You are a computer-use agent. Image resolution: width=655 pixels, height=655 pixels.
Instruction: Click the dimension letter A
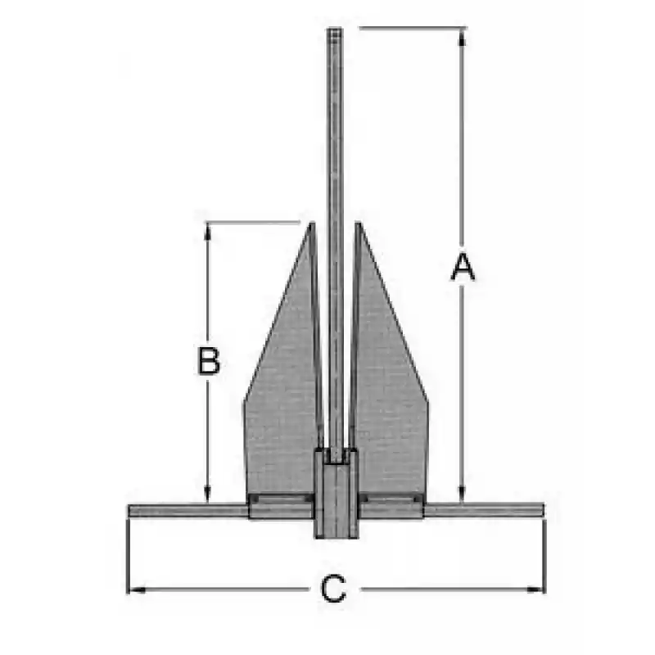click(463, 266)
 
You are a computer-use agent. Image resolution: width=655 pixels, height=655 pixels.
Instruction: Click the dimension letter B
click(209, 361)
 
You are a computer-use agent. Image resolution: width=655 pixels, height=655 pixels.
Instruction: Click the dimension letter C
click(333, 589)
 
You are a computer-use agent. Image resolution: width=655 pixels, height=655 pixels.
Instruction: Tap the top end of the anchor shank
click(335, 29)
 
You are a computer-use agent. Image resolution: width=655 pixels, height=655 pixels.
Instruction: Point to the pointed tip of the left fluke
click(312, 223)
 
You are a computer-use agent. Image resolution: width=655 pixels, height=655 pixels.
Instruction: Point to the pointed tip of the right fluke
click(358, 223)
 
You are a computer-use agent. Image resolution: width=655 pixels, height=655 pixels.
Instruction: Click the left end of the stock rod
click(129, 510)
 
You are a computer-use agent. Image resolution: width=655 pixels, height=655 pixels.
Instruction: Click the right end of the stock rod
click(543, 510)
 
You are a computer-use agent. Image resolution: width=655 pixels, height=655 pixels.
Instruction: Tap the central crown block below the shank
click(336, 493)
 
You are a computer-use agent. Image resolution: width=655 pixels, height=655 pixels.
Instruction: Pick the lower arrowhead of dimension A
click(462, 493)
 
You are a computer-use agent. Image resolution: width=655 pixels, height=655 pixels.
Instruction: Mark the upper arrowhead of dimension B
click(208, 232)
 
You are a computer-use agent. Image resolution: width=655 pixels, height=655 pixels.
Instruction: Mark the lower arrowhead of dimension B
click(208, 494)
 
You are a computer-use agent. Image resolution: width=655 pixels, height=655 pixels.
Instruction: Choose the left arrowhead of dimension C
click(136, 589)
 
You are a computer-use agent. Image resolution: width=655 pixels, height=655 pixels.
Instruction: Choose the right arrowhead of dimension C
click(535, 589)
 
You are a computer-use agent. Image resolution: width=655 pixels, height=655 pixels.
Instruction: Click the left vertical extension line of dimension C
click(127, 556)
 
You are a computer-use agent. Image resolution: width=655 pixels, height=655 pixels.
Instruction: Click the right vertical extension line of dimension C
click(544, 556)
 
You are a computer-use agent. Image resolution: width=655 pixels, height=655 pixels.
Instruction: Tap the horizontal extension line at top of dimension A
click(413, 28)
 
